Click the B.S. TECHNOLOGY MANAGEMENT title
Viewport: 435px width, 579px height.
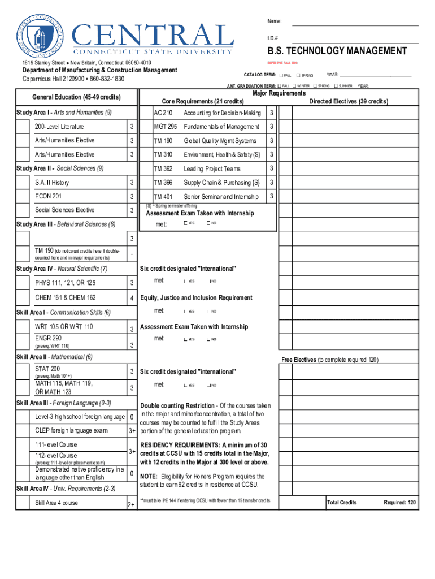coord(337,51)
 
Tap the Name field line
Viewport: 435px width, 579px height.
coord(355,25)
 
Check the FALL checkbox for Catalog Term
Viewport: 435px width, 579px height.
coord(280,75)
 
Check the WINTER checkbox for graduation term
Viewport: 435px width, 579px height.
coord(294,86)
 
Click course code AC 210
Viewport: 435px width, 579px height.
coord(163,113)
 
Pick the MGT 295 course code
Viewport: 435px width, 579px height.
coord(165,127)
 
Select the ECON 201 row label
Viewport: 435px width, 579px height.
coord(48,196)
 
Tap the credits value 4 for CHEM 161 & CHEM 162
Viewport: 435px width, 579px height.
coord(131,298)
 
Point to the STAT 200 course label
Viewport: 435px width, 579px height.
coord(47,369)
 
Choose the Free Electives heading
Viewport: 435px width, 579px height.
coord(299,360)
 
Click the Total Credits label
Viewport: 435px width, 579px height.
coord(342,502)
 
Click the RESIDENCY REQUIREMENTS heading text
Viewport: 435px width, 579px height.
coord(182,445)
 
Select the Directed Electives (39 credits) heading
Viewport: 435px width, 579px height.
coord(348,101)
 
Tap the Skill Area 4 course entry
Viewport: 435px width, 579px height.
coord(56,503)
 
